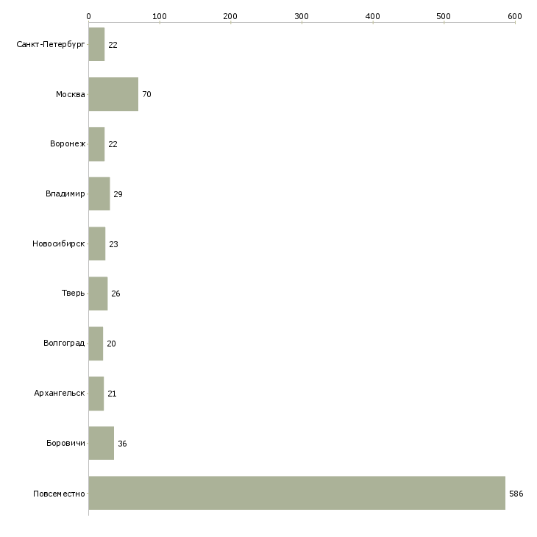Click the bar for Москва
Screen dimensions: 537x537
[x=113, y=94]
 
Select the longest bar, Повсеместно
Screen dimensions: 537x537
[x=297, y=493]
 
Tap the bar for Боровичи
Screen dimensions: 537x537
[x=102, y=443]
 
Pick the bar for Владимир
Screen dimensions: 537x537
[x=99, y=194]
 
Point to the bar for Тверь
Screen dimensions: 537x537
[x=98, y=294]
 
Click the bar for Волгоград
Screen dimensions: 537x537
[x=96, y=344]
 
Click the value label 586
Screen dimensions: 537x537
[x=516, y=494]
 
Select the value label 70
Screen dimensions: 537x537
[x=146, y=94]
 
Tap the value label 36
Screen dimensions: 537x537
[x=122, y=444]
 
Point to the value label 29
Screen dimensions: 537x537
[x=118, y=194]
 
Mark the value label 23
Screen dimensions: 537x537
[x=113, y=244]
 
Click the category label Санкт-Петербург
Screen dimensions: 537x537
[x=51, y=45]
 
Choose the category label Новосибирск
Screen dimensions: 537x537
[x=59, y=243]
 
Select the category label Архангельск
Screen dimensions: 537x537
[x=60, y=393]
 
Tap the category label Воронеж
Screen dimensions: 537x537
[x=68, y=143]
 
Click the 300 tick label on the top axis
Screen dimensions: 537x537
[x=302, y=16]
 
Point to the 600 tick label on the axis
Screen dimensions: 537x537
[x=515, y=16]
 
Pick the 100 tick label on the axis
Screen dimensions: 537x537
[x=160, y=16]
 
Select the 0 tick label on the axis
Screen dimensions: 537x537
[x=89, y=16]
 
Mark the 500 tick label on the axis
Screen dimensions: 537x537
[x=444, y=16]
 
